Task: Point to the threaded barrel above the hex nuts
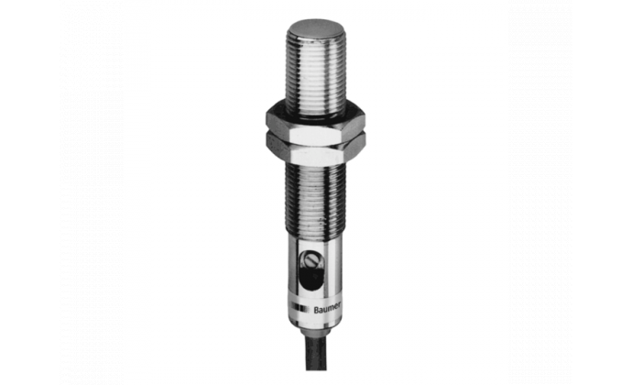[x=315, y=72]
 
